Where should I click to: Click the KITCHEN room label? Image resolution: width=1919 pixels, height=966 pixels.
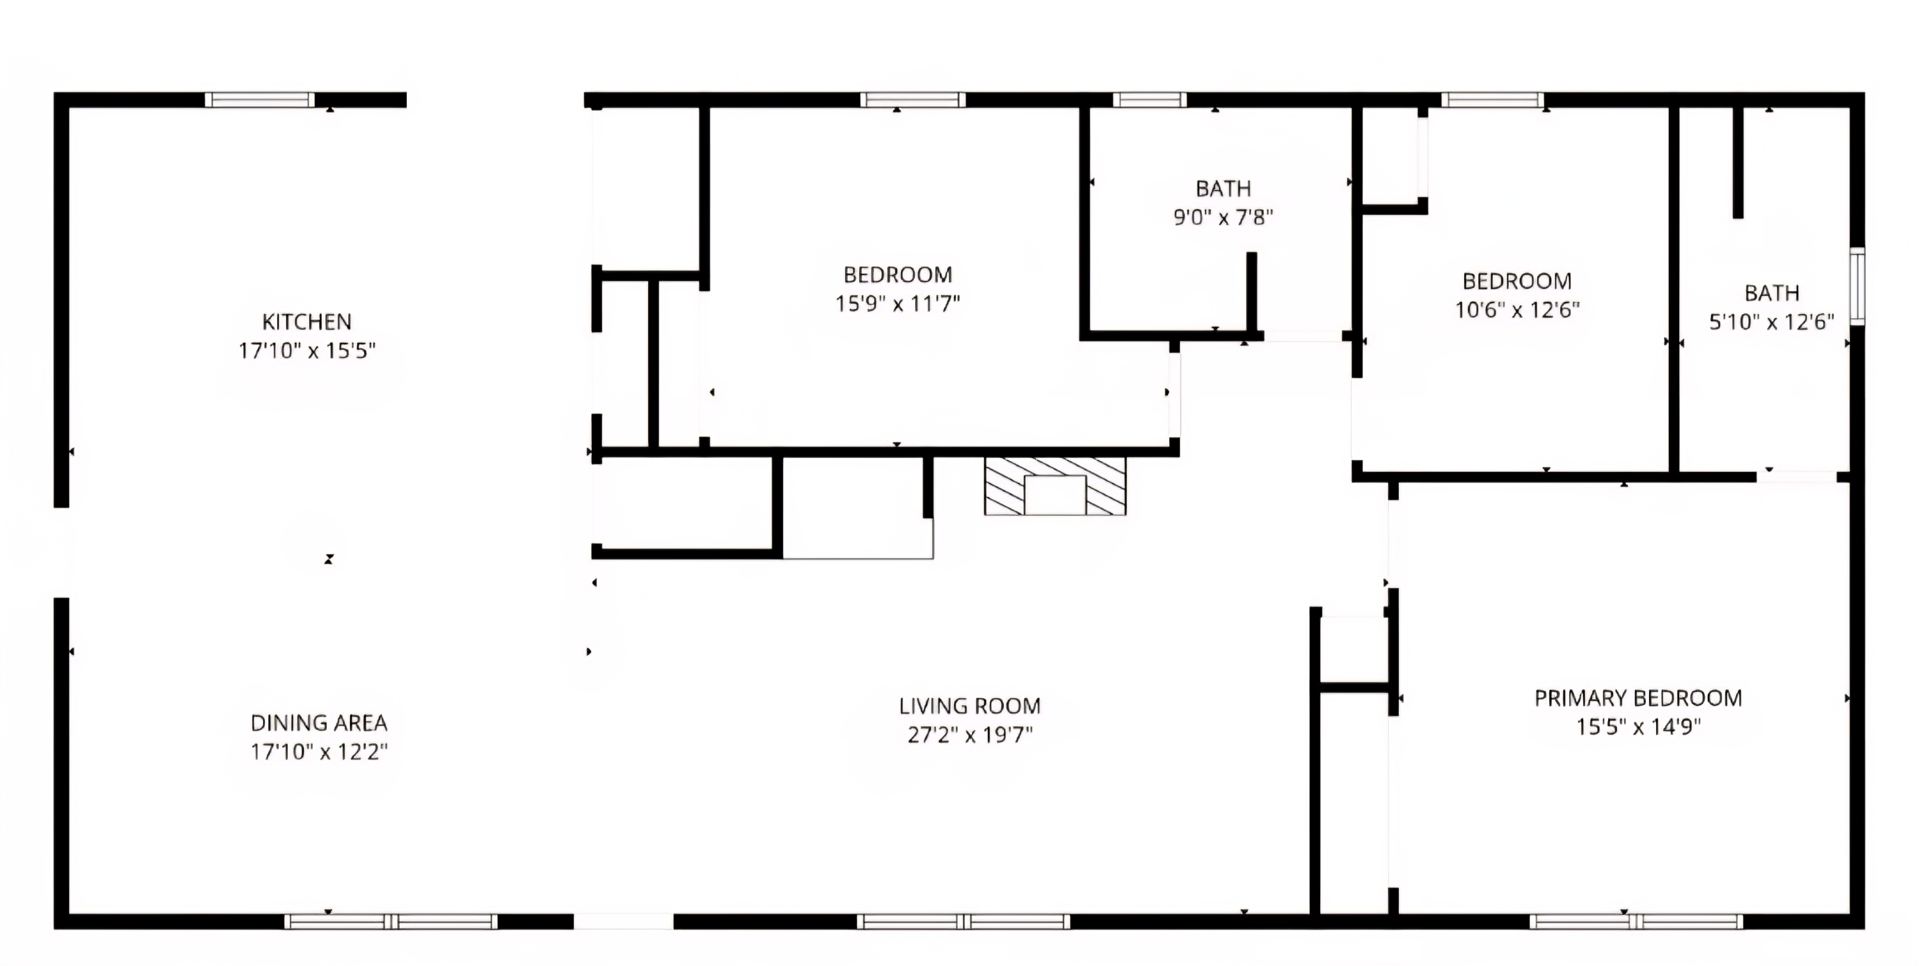[x=307, y=322]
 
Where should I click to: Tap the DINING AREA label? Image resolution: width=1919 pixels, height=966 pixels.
[x=319, y=722]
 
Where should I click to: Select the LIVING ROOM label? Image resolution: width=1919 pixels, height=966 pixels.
[x=970, y=705]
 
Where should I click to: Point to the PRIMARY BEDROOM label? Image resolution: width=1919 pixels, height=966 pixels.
[x=1638, y=698]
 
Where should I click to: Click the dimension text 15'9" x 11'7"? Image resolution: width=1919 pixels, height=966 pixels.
[x=897, y=304]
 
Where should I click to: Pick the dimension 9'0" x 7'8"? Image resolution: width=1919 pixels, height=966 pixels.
[x=1223, y=217]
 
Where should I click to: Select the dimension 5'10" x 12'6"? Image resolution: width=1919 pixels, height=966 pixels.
[x=1771, y=322]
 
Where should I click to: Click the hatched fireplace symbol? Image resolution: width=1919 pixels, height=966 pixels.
[x=1055, y=486]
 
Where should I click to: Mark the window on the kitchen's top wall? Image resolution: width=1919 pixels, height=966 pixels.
[x=259, y=100]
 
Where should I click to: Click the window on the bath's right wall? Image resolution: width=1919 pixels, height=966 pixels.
[x=1857, y=286]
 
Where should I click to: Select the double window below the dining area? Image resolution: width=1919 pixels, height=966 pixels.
[x=391, y=921]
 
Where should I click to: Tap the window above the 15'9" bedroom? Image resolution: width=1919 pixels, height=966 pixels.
[x=913, y=100]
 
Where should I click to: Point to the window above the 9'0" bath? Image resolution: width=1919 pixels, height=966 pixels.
[x=1149, y=100]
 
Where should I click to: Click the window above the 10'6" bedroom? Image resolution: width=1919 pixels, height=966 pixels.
[x=1492, y=100]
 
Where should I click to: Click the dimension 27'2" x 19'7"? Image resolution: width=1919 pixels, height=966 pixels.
[x=970, y=735]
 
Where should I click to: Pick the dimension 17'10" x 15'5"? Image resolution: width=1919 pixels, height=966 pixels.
[x=307, y=351]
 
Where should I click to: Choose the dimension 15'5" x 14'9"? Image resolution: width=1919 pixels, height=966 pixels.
[x=1638, y=727]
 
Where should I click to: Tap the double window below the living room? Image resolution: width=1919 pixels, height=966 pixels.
[x=963, y=921]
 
